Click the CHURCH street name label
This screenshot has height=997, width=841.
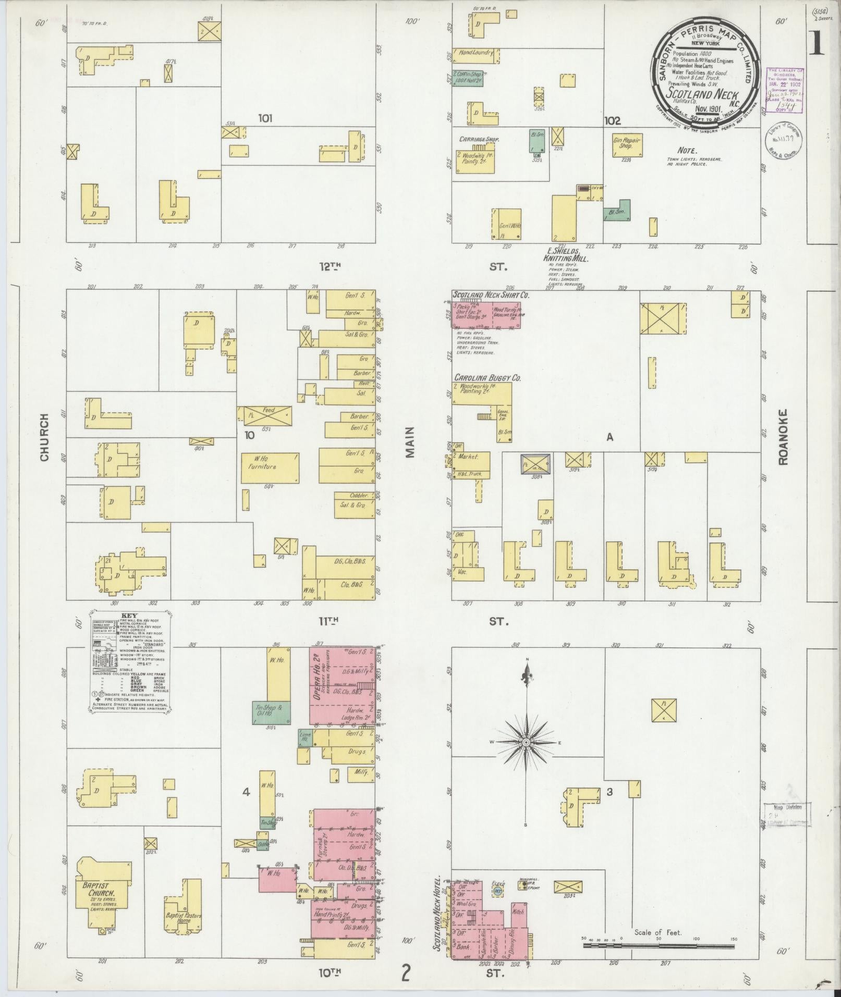44,437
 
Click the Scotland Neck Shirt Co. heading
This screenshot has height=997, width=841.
491,295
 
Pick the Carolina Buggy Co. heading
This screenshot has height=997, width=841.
487,378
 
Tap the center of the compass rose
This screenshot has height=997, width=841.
527,742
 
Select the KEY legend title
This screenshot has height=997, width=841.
128,615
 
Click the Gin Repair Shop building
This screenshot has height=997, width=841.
627,144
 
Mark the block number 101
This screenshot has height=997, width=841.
265,119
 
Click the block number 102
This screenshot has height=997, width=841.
612,121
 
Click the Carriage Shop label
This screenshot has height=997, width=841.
479,140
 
